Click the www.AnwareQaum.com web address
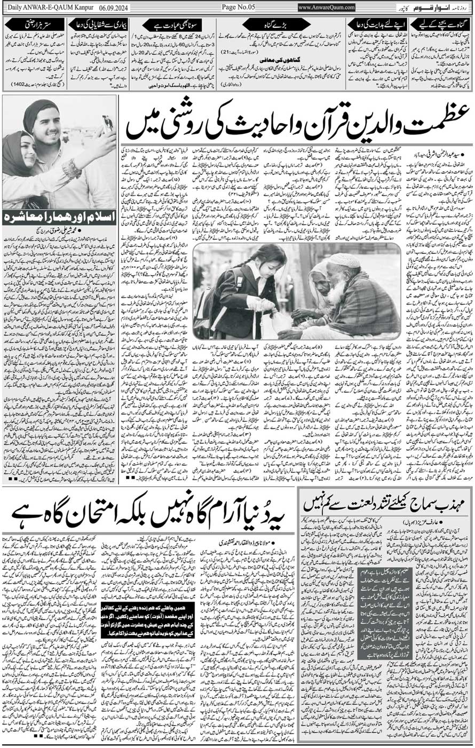point(326,7)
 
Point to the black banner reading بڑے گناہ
point(276,25)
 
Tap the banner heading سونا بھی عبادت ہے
point(171,25)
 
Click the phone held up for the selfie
point(107,124)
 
